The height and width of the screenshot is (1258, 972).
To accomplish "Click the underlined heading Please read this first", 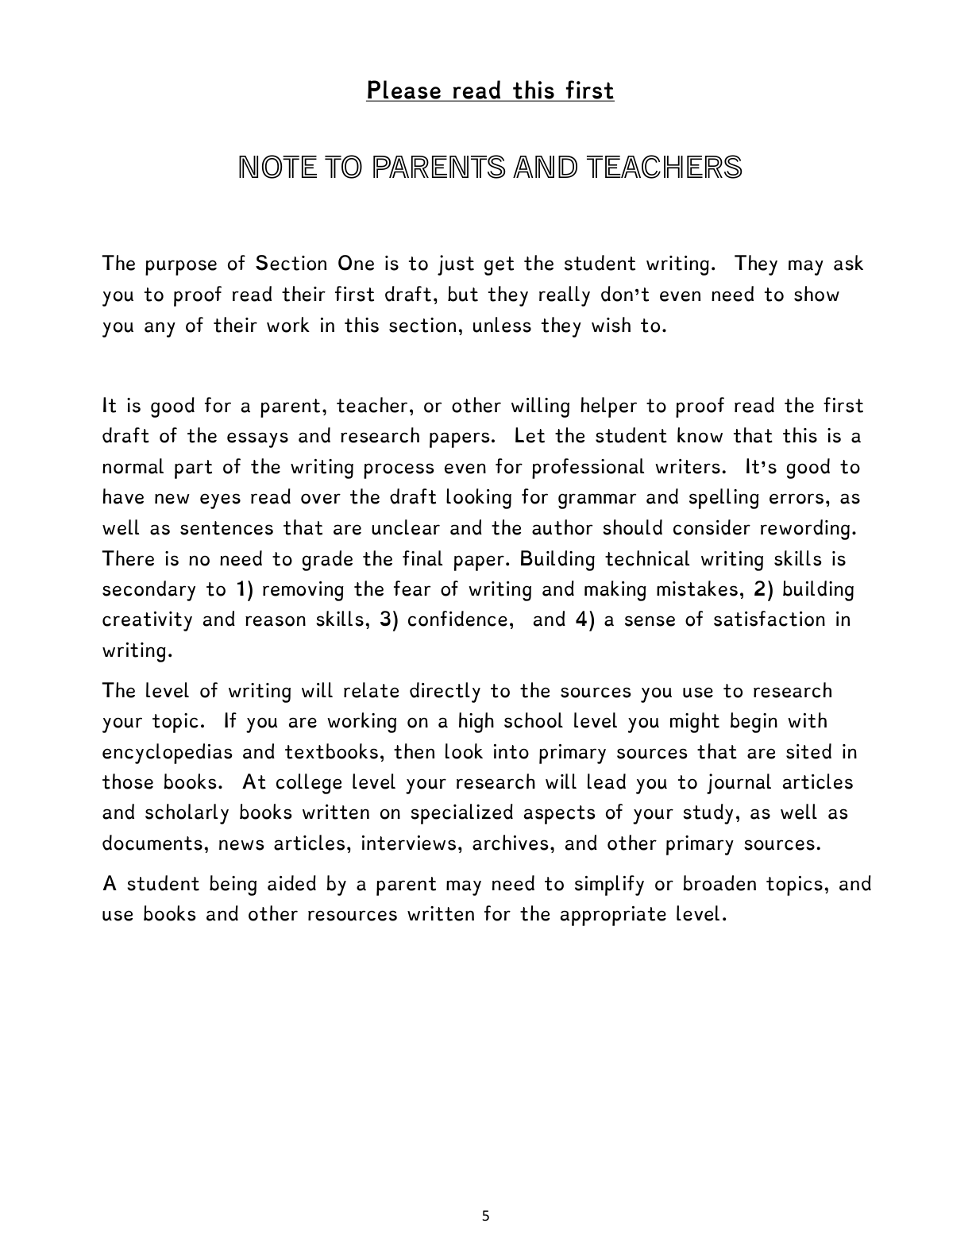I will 490,91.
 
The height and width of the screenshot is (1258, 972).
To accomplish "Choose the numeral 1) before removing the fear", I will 244,589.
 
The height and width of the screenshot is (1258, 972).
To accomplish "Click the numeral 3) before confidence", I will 388,619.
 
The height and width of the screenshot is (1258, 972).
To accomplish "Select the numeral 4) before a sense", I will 584,619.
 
